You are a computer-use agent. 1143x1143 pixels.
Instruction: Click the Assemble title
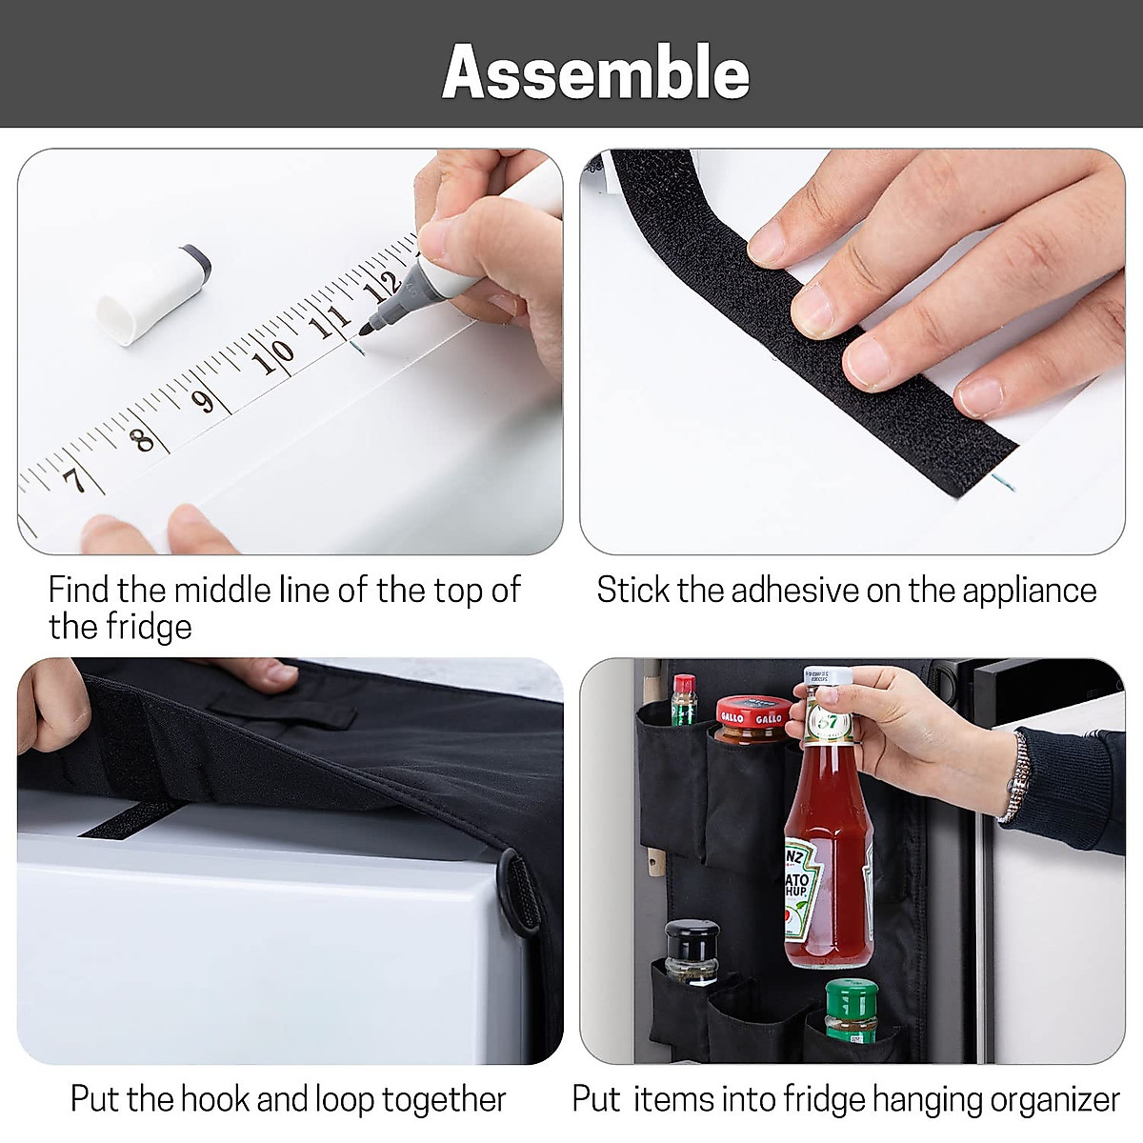pos(595,72)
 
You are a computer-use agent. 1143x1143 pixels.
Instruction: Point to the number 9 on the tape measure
pos(202,401)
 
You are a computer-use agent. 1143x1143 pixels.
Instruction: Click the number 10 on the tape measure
pos(272,356)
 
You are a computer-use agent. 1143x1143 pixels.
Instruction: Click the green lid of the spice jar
pos(850,996)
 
